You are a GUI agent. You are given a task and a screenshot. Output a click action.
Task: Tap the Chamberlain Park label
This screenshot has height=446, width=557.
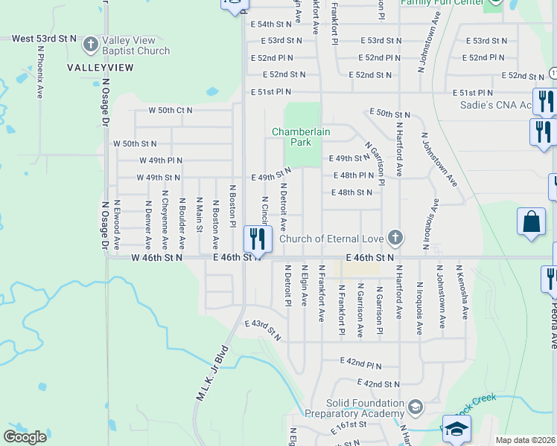click(301, 136)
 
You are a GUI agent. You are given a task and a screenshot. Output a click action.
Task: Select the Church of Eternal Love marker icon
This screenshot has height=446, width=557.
click(395, 238)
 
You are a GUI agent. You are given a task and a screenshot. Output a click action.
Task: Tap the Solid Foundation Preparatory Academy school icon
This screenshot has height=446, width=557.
click(416, 406)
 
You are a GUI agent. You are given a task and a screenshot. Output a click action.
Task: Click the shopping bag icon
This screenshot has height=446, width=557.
click(531, 222)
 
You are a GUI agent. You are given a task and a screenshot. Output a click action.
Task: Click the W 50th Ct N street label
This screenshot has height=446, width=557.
click(170, 110)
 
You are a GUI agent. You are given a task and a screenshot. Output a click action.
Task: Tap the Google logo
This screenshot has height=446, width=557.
click(25, 437)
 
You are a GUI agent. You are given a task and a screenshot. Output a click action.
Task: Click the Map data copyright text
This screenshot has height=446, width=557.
click(525, 440)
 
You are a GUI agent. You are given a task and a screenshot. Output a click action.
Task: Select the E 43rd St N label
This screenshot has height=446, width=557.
click(263, 330)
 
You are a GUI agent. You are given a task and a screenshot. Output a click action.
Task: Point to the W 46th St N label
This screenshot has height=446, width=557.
click(156, 257)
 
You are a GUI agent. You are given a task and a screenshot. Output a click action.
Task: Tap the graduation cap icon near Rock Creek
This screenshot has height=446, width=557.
click(456, 429)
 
